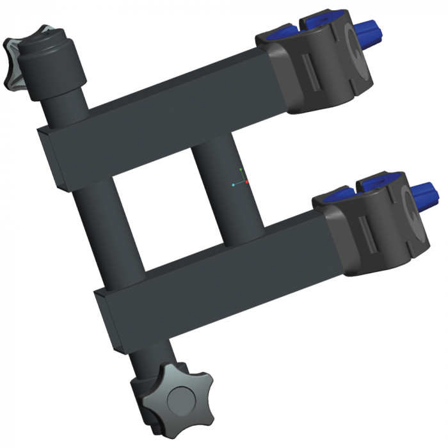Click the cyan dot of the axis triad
coord(234,184)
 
